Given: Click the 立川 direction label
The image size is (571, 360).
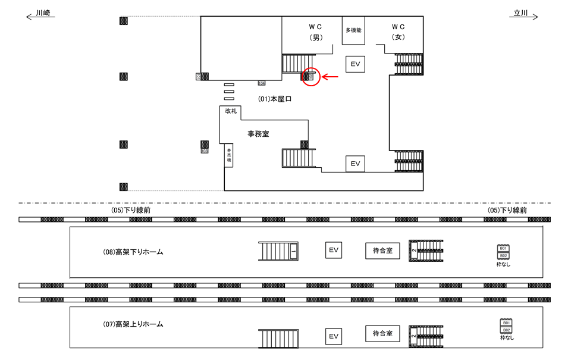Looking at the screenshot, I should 521,12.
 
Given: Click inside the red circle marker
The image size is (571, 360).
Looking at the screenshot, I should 311,77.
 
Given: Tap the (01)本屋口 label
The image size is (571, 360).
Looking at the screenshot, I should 275,99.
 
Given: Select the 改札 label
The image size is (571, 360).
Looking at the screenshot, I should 231,111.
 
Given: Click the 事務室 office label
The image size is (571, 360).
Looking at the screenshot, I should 258,134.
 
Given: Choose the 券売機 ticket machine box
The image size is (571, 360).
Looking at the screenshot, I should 228,156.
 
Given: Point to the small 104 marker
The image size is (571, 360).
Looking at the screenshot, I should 261,83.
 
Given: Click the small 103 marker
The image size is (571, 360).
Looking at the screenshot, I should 205,151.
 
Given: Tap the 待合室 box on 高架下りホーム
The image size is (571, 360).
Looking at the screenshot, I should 382,251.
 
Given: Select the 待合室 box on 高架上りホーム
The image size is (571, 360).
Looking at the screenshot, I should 382,333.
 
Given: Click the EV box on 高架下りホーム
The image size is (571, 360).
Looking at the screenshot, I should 334,251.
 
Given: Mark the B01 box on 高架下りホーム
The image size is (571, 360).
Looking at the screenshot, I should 503,248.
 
